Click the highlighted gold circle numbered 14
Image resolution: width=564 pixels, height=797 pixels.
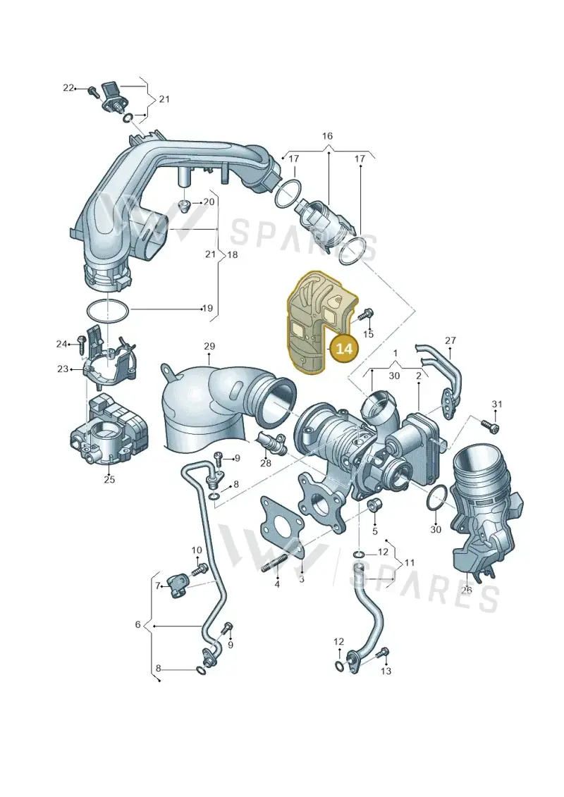point(344,350)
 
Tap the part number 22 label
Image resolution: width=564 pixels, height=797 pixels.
point(68,88)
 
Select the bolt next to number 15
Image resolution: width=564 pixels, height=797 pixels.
point(366,314)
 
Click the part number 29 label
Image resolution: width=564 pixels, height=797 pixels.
point(209,346)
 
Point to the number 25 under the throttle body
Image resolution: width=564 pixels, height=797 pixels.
point(109,478)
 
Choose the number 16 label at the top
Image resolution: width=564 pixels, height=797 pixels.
point(328,136)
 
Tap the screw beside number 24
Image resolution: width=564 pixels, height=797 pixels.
point(81,345)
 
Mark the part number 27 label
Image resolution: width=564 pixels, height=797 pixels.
point(450,340)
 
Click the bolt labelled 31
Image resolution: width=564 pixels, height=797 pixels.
point(490,424)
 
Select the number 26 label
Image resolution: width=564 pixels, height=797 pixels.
point(466,590)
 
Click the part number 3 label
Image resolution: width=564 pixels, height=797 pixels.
point(301,579)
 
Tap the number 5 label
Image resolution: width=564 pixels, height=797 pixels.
point(375,531)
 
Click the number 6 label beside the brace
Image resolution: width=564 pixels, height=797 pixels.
point(137,624)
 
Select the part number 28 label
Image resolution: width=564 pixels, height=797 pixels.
point(266,462)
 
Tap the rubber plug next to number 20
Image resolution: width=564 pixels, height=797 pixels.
point(185,206)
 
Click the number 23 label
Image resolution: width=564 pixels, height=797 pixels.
point(63,369)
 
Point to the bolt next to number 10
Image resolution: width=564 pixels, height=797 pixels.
point(199,568)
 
